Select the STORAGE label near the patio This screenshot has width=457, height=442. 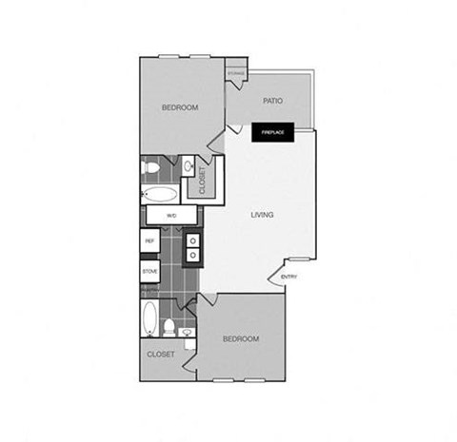click(236, 73)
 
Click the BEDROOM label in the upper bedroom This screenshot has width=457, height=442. click(180, 107)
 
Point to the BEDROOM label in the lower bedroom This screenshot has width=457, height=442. click(240, 338)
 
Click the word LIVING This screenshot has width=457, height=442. click(262, 215)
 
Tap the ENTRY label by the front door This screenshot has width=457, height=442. click(289, 277)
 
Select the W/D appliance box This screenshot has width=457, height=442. click(171, 217)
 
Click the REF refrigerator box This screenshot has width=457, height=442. click(149, 241)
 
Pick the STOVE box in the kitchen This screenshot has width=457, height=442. click(149, 271)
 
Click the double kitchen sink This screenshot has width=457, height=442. click(193, 247)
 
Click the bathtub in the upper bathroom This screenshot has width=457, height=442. click(160, 195)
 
